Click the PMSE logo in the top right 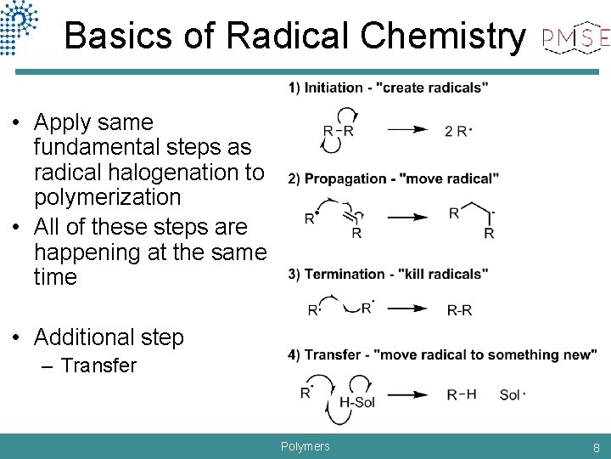point(576,37)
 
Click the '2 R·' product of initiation point(458,131)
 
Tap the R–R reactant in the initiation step point(338,131)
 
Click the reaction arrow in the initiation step point(407,130)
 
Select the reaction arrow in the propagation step point(407,218)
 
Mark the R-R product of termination point(459,310)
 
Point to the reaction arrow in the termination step point(407,309)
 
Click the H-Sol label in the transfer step point(357,401)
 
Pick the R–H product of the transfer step point(461,394)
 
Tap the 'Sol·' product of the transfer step point(512,394)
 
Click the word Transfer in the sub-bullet point(98,365)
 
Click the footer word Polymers point(305,446)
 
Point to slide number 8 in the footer point(597,447)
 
